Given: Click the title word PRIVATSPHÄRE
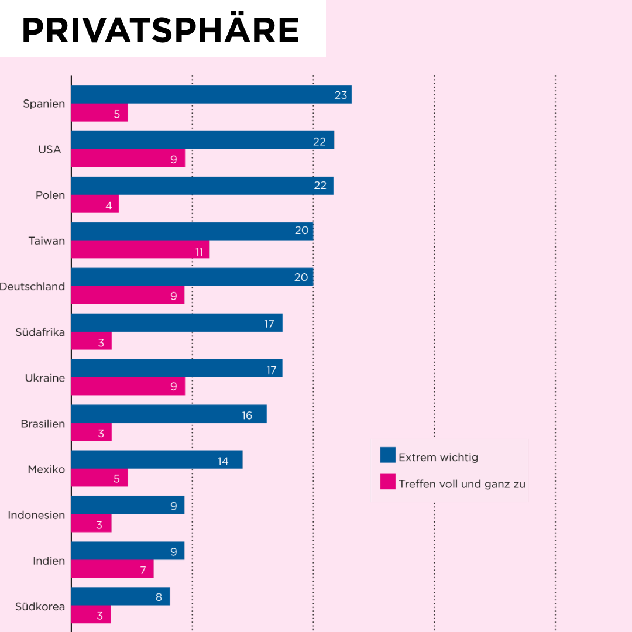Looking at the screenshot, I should click(160, 30).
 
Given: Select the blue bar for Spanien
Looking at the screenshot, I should click(211, 95).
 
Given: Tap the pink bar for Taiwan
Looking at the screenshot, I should click(140, 249).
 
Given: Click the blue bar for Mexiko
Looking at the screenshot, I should click(157, 460).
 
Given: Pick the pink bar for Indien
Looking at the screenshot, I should click(112, 569).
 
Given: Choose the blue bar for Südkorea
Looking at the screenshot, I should click(121, 596).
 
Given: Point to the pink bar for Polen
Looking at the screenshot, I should click(95, 204).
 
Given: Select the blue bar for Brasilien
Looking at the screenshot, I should click(169, 414).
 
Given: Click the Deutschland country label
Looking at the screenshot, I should click(33, 287).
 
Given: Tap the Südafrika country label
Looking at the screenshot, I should click(40, 332).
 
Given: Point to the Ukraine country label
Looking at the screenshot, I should click(44, 378).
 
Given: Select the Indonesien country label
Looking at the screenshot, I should click(36, 516).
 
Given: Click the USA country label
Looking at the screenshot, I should click(50, 149).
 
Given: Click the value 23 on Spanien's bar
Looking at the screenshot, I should click(341, 95).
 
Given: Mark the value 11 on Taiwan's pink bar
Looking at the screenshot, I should click(199, 252).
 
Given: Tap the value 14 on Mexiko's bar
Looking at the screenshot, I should click(223, 461).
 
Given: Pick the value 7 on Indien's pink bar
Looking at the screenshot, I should click(143, 570).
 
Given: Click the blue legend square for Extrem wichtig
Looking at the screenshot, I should click(388, 455).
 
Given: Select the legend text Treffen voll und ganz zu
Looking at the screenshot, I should click(462, 484).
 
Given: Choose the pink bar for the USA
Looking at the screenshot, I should click(128, 159).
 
